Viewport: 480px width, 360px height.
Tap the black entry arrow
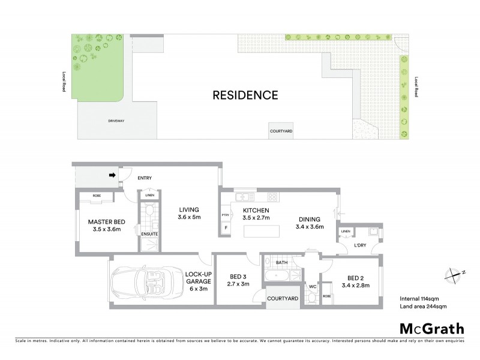point(112,176)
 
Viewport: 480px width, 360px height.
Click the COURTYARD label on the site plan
point(281,131)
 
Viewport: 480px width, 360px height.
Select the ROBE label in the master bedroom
point(95,196)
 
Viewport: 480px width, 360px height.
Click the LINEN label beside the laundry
point(345,232)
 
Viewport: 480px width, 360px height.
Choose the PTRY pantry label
point(226,215)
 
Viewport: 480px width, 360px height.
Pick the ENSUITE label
point(149,233)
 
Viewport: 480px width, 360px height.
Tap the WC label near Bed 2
point(312,286)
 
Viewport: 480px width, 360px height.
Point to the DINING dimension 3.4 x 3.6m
point(310,227)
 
